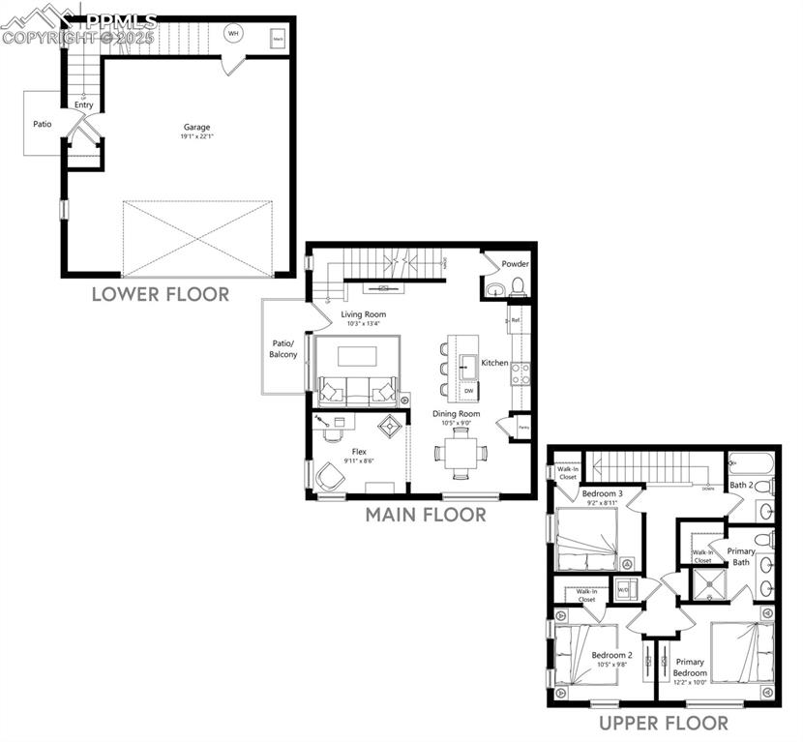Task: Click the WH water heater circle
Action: click(232, 34)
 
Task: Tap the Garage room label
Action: click(197, 127)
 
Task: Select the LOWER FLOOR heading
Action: click(161, 294)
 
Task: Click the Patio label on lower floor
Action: click(42, 124)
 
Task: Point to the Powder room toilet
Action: click(518, 285)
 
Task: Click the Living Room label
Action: click(363, 314)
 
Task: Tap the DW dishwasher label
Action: click(468, 391)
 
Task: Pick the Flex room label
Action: click(359, 451)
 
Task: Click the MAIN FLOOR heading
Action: click(426, 515)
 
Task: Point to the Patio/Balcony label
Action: click(283, 349)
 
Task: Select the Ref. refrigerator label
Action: click(516, 319)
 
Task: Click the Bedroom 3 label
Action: click(602, 493)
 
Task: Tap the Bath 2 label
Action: click(741, 485)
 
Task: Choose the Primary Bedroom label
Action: click(690, 668)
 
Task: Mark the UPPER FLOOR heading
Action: click(663, 723)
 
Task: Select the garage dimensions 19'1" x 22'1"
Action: click(197, 137)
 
